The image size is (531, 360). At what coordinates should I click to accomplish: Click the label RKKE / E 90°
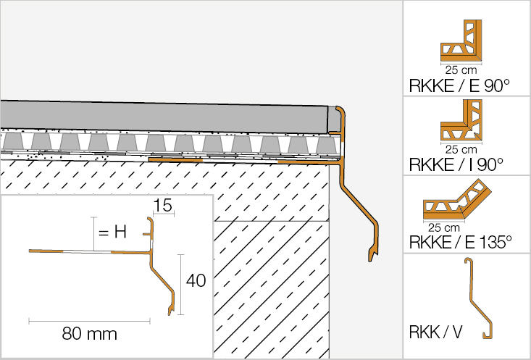pyautogui.click(x=459, y=85)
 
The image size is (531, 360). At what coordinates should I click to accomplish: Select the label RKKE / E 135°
pyautogui.click(x=464, y=242)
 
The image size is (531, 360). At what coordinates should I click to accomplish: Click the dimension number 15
pyautogui.click(x=162, y=206)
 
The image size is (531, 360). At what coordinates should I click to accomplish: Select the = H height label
pyautogui.click(x=113, y=233)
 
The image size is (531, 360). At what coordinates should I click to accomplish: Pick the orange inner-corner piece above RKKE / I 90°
pyautogui.click(x=459, y=124)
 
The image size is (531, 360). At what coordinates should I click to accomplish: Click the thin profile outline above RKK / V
pyautogui.click(x=479, y=297)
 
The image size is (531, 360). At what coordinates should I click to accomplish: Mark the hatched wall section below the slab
pyautogui.click(x=268, y=282)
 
